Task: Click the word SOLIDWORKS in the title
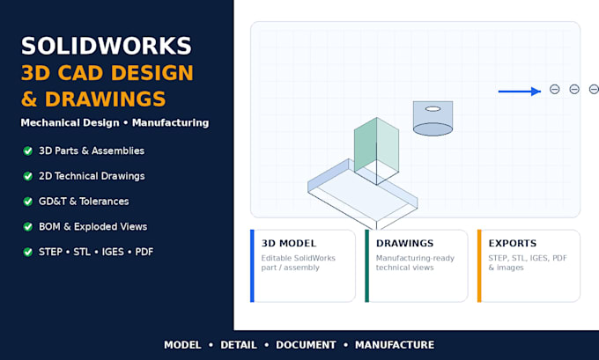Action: tap(107, 46)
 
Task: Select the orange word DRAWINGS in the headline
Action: tap(106, 99)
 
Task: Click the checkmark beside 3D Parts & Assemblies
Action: tap(28, 151)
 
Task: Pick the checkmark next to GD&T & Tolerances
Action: tap(28, 202)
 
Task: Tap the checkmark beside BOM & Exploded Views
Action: tap(28, 226)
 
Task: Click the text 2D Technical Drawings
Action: tap(92, 176)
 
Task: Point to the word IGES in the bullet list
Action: tap(113, 252)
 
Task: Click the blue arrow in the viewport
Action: tap(520, 92)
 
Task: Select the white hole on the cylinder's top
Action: tap(433, 109)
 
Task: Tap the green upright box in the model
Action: tap(376, 151)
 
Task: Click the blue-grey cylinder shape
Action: tap(433, 118)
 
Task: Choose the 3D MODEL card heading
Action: tap(289, 243)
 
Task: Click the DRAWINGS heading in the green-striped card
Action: tap(404, 243)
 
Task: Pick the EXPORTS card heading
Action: tap(513, 243)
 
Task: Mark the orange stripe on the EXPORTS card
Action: tap(479, 266)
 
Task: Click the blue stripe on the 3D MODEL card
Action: tap(252, 266)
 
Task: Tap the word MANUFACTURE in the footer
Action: tap(395, 345)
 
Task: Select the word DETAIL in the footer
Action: tap(239, 345)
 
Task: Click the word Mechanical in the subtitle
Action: tap(70, 122)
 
